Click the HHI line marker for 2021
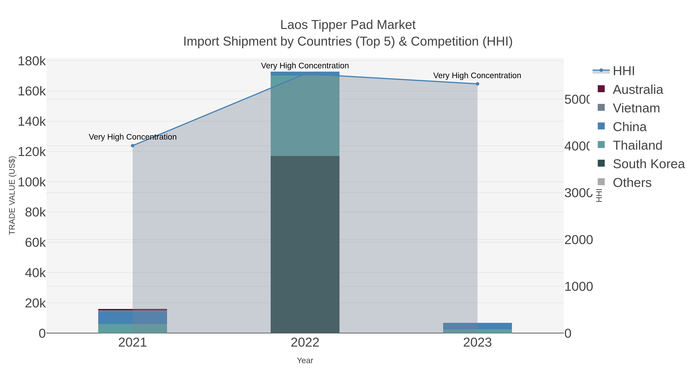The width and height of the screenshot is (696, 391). [x=132, y=146]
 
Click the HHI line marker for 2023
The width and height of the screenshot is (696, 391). [x=477, y=84]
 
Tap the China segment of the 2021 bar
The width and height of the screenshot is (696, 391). [x=132, y=318]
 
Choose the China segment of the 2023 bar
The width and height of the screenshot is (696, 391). [x=477, y=326]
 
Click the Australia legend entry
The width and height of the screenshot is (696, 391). [x=638, y=90]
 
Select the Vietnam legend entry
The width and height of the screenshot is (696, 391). [x=636, y=108]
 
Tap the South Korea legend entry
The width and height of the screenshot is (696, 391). [x=648, y=164]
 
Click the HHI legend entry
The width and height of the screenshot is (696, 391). [x=623, y=71]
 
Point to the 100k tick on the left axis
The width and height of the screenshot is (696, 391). [x=32, y=182]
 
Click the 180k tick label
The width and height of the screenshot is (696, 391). [x=32, y=61]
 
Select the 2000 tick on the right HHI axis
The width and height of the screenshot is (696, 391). [x=578, y=240]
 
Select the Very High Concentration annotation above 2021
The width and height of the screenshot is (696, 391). [x=133, y=137]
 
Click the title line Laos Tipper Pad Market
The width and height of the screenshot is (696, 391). [x=348, y=25]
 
